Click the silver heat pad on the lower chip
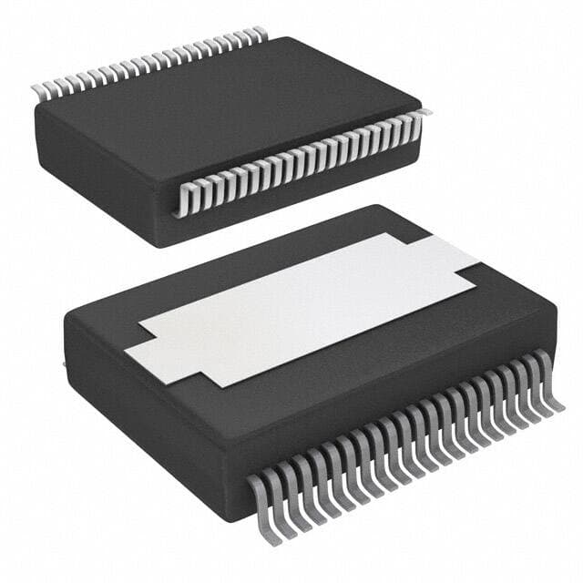coord(301,305)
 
